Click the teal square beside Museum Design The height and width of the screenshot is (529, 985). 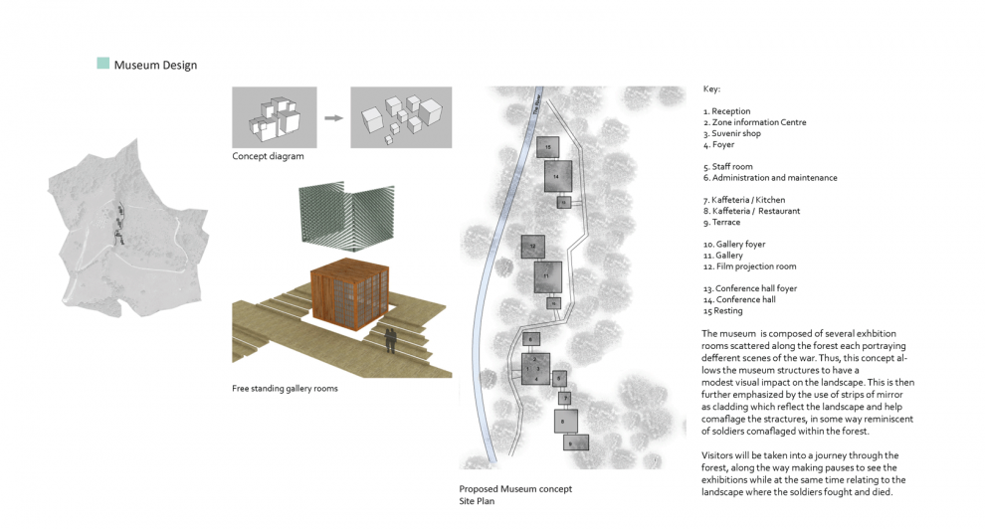tap(102, 64)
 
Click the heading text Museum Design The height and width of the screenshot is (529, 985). tap(155, 66)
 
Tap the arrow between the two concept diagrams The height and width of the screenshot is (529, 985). tap(333, 116)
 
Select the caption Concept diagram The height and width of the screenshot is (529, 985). tap(268, 156)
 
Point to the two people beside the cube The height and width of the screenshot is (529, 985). tap(392, 339)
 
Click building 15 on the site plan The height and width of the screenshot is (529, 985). tap(547, 148)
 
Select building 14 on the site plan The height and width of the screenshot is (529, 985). tap(558, 176)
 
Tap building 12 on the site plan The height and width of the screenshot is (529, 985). tap(532, 245)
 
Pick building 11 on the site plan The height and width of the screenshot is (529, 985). tap(548, 275)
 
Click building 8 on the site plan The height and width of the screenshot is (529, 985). tap(566, 421)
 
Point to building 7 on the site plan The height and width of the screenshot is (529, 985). tap(564, 398)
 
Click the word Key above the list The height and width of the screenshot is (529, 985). tap(711, 89)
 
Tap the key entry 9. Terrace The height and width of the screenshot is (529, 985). tap(721, 222)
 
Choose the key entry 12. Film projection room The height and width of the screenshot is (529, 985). tap(749, 266)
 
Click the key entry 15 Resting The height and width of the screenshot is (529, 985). tap(722, 311)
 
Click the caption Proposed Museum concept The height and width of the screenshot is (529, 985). tap(515, 488)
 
